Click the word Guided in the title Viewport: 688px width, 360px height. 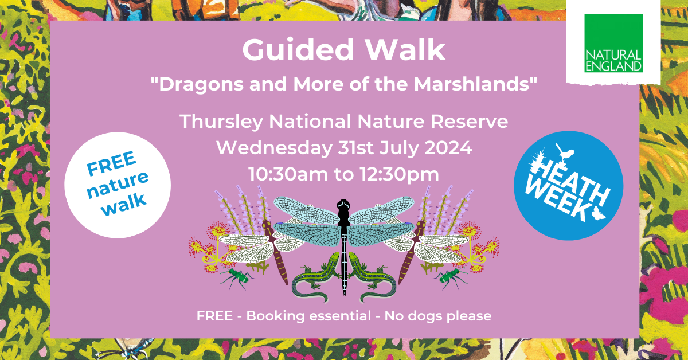pyautogui.click(x=298, y=50)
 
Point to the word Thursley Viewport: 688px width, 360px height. pyautogui.click(x=221, y=122)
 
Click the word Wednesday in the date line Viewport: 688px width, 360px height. pyautogui.click(x=274, y=148)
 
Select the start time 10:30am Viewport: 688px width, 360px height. pyautogui.click(x=288, y=174)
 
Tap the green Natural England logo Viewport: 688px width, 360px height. pyautogui.click(x=613, y=43)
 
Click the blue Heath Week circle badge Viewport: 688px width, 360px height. pyautogui.click(x=568, y=186)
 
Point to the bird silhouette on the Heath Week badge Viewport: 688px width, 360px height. pyautogui.click(x=565, y=152)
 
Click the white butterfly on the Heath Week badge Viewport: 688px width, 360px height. pyautogui.click(x=598, y=213)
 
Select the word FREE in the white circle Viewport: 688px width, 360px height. pyautogui.click(x=111, y=163)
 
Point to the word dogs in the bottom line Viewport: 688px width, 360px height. pyautogui.click(x=425, y=316)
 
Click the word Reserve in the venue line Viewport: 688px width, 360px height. pyautogui.click(x=469, y=122)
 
